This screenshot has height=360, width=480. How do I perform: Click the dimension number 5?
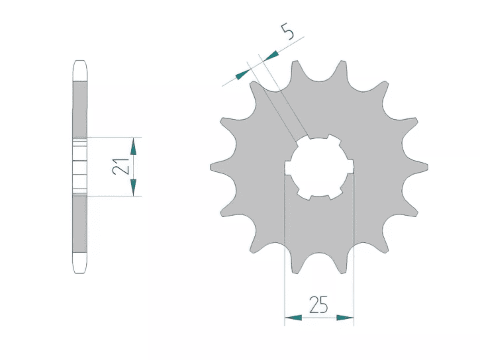(288, 32)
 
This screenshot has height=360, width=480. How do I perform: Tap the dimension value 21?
(120, 167)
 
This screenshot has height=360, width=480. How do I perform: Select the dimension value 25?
(318, 304)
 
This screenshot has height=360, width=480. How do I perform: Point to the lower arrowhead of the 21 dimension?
(133, 187)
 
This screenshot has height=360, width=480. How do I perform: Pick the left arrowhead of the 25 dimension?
(293, 318)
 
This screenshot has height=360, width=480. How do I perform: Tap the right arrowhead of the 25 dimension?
(345, 318)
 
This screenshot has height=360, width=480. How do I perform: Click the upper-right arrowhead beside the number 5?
(271, 56)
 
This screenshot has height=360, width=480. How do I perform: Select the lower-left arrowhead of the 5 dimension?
(243, 75)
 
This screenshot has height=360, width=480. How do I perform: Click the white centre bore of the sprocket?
(319, 167)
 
